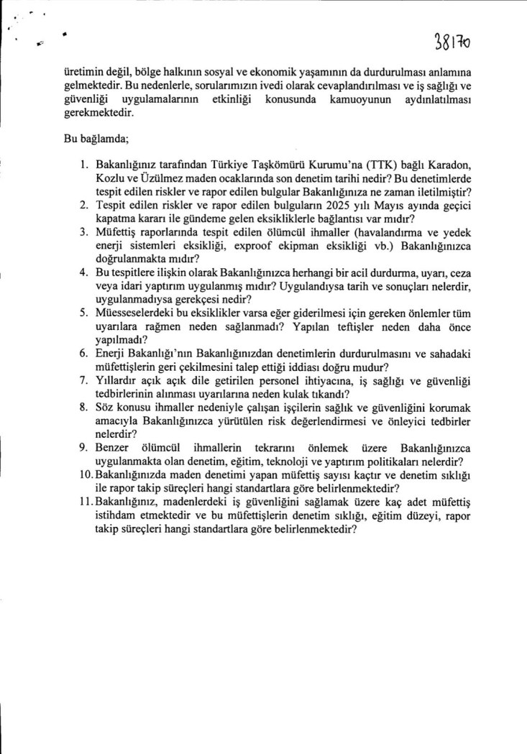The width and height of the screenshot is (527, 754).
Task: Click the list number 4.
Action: coord(83,273)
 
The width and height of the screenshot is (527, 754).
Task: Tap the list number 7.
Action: coord(83,380)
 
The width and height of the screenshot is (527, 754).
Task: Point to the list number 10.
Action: coord(86,475)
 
